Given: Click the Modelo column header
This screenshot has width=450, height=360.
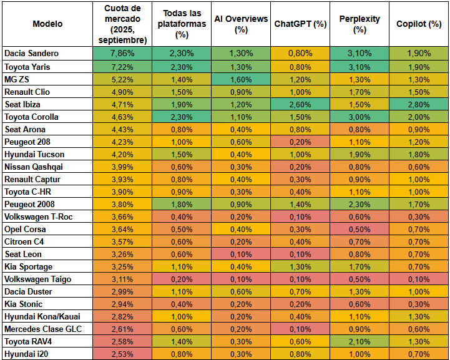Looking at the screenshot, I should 47,24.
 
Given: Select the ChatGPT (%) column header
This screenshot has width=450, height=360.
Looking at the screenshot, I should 301,24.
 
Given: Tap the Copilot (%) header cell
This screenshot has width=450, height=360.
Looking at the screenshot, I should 419,24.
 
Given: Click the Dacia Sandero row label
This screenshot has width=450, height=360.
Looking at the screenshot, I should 32,54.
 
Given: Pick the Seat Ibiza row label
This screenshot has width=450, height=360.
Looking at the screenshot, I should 22,104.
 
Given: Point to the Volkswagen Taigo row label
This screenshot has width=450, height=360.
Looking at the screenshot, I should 37,279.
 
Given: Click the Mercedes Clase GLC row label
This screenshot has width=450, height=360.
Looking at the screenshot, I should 43,329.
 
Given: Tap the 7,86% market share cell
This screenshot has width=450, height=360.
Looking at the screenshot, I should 122,54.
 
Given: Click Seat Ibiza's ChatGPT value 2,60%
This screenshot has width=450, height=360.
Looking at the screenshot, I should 301,104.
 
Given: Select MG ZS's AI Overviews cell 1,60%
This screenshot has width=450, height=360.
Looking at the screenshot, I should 241,79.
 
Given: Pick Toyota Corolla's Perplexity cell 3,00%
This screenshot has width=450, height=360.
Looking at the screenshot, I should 360,117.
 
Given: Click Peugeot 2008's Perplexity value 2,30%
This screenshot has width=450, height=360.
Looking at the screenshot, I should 360,204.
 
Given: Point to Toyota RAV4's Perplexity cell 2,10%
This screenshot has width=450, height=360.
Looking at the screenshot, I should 360,341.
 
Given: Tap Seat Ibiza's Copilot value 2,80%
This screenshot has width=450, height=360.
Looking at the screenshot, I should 419,104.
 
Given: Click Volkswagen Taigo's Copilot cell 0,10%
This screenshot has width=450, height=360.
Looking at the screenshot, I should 419,279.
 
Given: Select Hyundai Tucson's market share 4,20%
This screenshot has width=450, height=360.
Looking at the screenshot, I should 122,154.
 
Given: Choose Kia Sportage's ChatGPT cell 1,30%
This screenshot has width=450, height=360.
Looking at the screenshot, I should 301,266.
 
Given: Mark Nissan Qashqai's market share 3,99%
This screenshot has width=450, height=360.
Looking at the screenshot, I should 122,167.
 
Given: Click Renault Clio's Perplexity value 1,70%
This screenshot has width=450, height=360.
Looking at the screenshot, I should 360,92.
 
